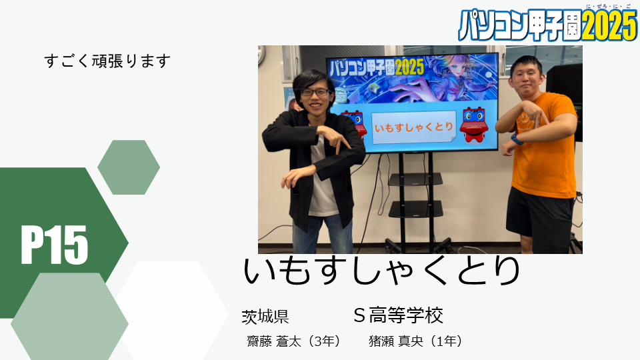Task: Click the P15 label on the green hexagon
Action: pos(54,245)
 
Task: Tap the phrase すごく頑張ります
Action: pos(107,61)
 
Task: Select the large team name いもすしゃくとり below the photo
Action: pos(381,271)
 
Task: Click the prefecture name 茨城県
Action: pos(265,317)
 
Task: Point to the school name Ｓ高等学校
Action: pos(398,315)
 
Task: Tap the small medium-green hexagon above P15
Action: pos(129,167)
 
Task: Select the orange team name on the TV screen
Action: pos(414,127)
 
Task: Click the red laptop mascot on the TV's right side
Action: pos(473,125)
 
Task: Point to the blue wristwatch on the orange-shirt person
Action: pos(517,139)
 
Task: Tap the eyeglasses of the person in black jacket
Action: pos(315,92)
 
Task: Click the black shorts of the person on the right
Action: pos(539,213)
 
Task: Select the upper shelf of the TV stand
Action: pos(415,179)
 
